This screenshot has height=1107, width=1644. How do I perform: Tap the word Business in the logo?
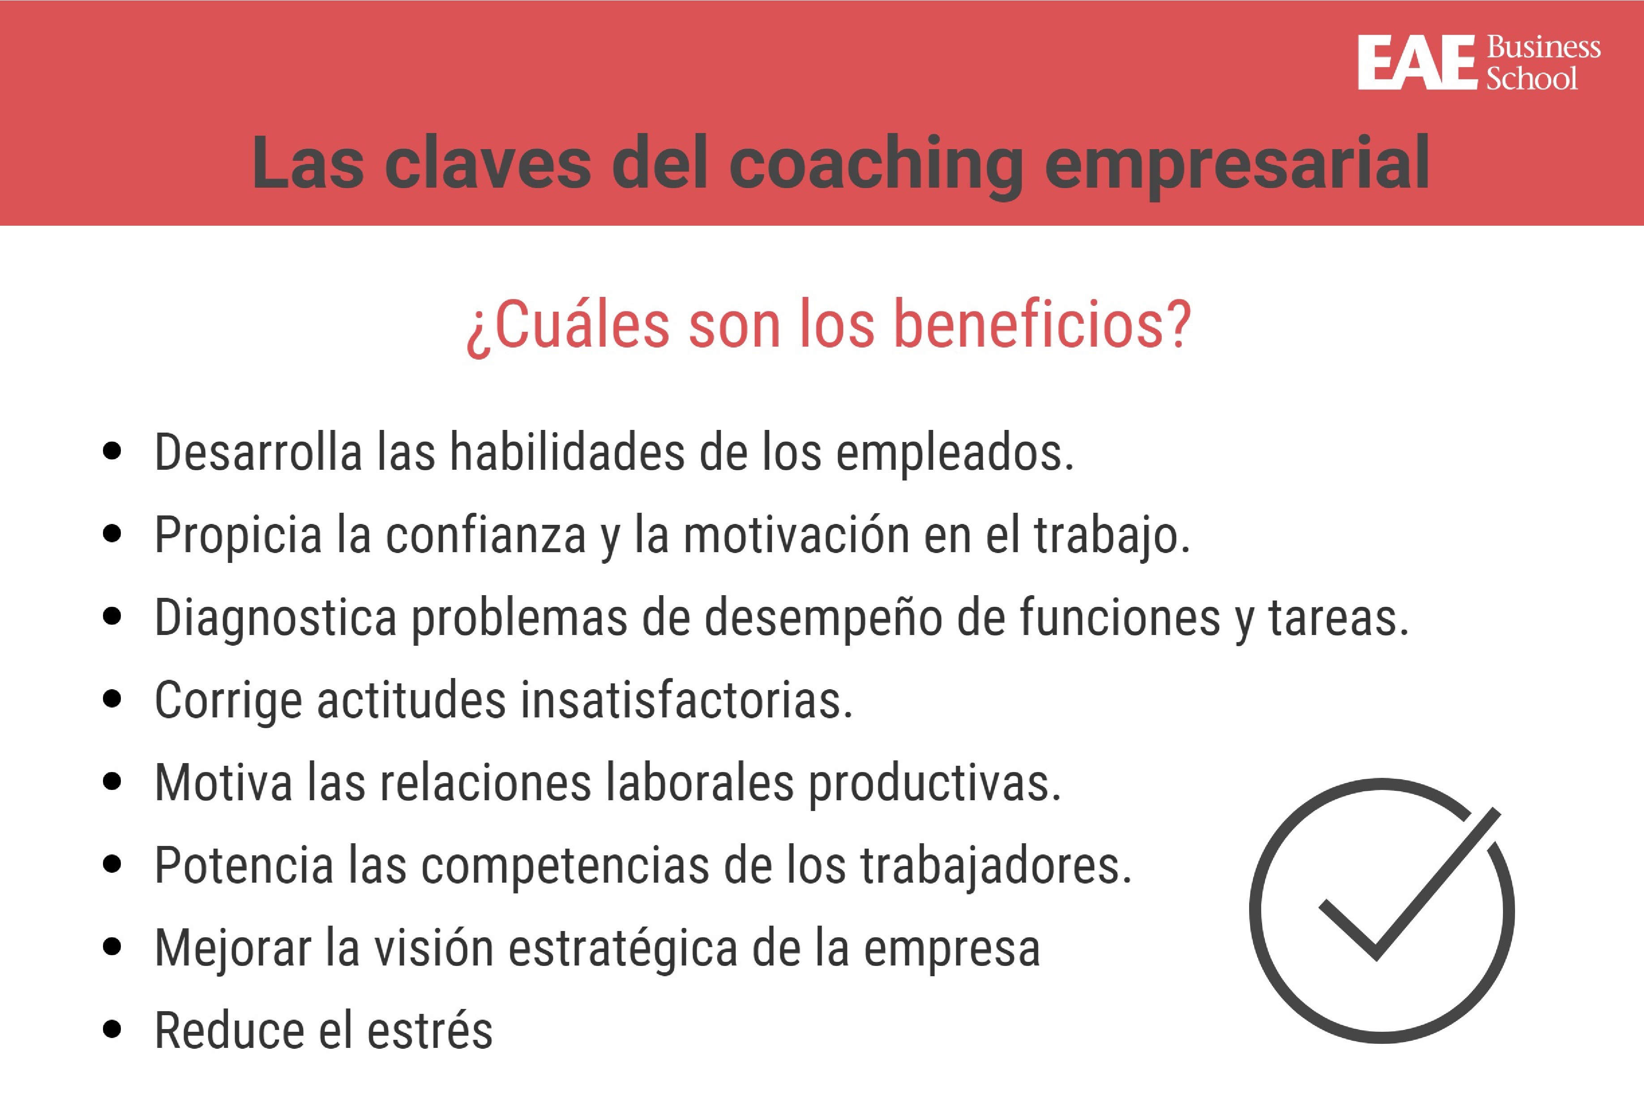(1544, 47)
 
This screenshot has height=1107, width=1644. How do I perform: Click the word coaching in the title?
(875, 164)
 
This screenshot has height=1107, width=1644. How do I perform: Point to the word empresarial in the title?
(1237, 164)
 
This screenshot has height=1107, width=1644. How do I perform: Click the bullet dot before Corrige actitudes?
(111, 699)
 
